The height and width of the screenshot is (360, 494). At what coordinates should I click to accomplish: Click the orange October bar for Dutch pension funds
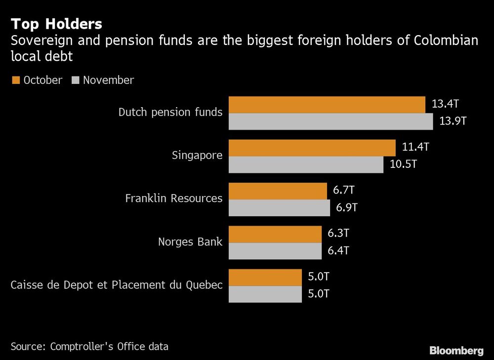point(327,105)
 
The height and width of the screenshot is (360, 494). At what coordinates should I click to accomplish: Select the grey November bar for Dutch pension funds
point(330,121)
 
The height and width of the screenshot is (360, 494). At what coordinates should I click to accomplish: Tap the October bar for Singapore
point(312,148)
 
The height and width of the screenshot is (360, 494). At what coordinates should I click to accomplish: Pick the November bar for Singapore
point(306,164)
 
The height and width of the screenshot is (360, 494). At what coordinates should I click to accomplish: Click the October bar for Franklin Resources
point(278,191)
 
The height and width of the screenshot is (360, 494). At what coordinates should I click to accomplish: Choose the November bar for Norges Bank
point(275,251)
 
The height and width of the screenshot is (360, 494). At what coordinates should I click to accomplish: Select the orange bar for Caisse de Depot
point(265,278)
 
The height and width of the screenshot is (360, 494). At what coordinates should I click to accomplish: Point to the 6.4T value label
point(338,250)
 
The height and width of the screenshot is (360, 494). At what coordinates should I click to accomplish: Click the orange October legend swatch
point(15,80)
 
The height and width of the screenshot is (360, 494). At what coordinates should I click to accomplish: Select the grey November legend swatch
point(76,80)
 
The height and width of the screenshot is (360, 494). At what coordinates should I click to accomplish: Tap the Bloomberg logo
point(456,351)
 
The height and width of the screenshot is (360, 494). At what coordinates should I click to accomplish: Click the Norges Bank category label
point(190,242)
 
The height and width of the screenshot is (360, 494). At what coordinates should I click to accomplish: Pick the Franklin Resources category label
point(173,199)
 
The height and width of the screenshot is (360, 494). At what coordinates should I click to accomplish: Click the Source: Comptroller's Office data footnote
point(89,346)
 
